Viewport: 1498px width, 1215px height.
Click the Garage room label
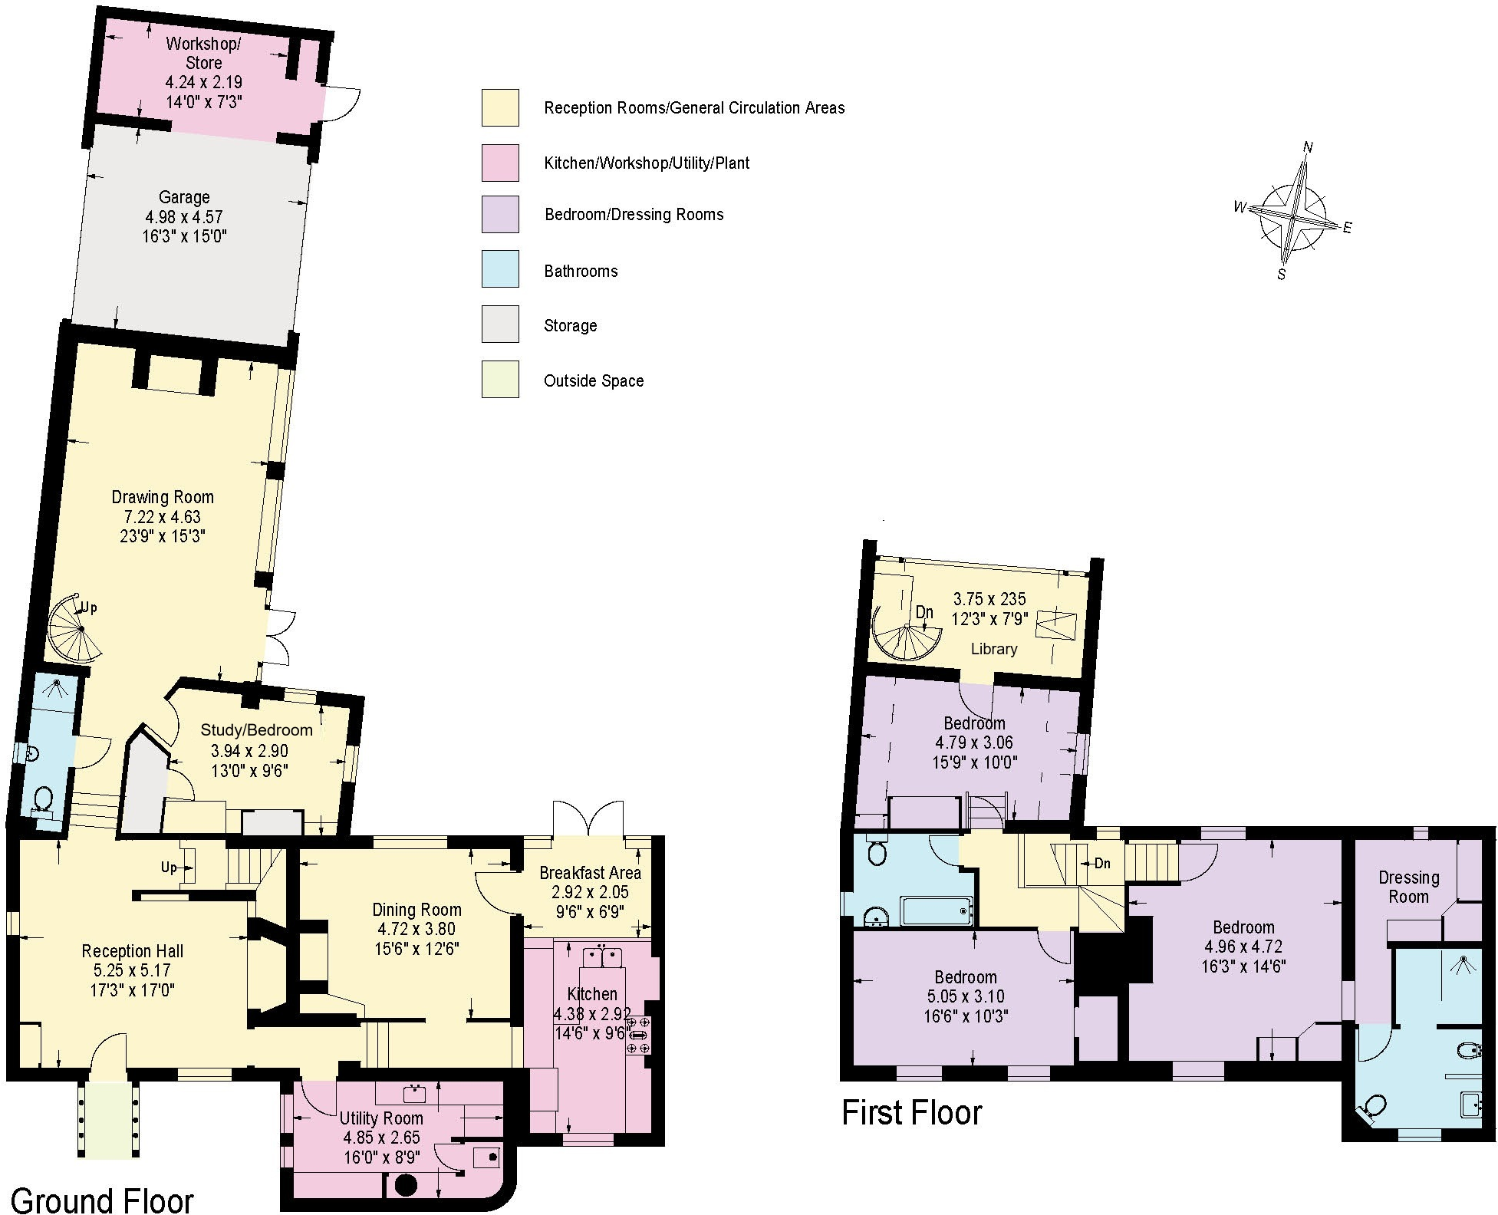[184, 197]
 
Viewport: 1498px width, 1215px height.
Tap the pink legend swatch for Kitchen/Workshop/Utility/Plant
[500, 163]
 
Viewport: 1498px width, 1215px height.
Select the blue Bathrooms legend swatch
[500, 269]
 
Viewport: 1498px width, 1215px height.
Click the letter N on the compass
[1308, 148]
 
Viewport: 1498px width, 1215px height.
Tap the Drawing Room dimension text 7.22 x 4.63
[162, 517]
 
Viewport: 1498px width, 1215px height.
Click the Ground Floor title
[102, 1199]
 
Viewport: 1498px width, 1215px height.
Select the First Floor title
[911, 1113]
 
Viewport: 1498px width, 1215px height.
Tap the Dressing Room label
[1408, 887]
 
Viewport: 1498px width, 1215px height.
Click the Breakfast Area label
[590, 873]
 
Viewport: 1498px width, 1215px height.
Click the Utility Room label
[381, 1118]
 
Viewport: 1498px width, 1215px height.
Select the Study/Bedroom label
[256, 730]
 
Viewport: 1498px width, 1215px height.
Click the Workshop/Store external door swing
[341, 104]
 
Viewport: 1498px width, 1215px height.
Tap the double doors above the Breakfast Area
[588, 820]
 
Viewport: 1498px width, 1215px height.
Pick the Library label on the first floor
[993, 649]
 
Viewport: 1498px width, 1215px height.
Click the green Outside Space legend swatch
[500, 379]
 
